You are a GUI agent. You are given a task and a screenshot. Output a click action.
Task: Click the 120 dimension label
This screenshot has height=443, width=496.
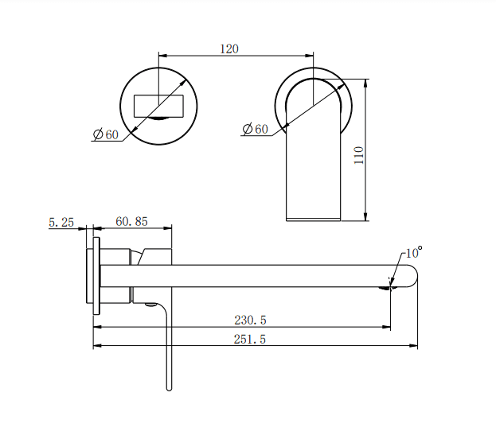point(228,49)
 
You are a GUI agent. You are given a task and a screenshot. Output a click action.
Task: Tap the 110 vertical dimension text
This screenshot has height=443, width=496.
point(358,154)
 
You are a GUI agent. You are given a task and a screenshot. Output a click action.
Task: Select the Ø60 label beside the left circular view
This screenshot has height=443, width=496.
point(105,134)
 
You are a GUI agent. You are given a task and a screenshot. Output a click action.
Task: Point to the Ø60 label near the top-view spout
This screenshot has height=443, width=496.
point(255,129)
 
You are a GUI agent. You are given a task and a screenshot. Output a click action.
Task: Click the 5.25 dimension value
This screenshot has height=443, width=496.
point(61,223)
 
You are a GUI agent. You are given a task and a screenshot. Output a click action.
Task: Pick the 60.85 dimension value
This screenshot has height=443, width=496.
point(131,222)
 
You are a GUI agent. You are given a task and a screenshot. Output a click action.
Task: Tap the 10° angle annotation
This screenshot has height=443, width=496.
point(413,253)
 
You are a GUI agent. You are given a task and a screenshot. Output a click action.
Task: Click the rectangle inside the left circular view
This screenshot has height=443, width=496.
point(161,105)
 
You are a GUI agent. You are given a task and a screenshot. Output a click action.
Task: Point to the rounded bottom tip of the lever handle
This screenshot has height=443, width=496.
point(169,387)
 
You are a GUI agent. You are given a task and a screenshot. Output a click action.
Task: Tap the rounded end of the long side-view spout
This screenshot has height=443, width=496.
point(411,275)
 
